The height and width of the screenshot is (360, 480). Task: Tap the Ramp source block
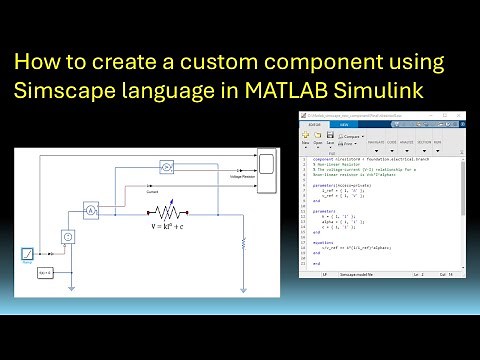(x=30, y=255)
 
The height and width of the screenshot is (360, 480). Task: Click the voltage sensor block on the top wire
(x=169, y=165)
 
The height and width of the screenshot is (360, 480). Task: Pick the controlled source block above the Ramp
(x=68, y=237)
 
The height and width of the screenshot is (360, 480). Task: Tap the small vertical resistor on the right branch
(x=242, y=244)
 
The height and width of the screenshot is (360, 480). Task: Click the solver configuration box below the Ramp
(x=45, y=272)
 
